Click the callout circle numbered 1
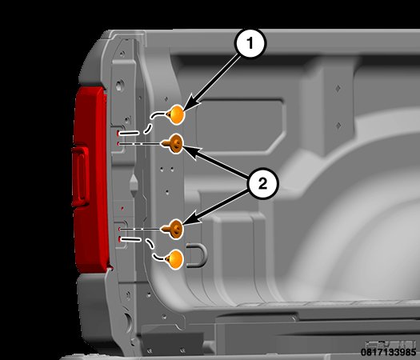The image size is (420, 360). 250,43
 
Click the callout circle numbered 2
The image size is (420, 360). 262,183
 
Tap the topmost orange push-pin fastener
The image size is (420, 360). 175,114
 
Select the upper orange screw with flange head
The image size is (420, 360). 174,144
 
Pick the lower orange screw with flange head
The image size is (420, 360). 174,229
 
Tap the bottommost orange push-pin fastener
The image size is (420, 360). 174,259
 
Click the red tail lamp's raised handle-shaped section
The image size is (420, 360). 80,177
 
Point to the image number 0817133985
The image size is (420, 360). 388,352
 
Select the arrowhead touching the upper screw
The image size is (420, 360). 191,151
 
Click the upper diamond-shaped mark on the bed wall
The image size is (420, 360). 338,88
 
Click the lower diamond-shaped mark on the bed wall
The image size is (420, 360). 338,125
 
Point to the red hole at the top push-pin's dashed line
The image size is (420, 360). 118,133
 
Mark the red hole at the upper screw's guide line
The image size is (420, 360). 118,144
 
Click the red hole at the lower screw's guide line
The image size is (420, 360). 119,229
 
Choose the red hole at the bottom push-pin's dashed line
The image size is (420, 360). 119,239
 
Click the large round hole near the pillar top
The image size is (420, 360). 120,86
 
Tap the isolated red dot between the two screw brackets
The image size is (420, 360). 122,208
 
